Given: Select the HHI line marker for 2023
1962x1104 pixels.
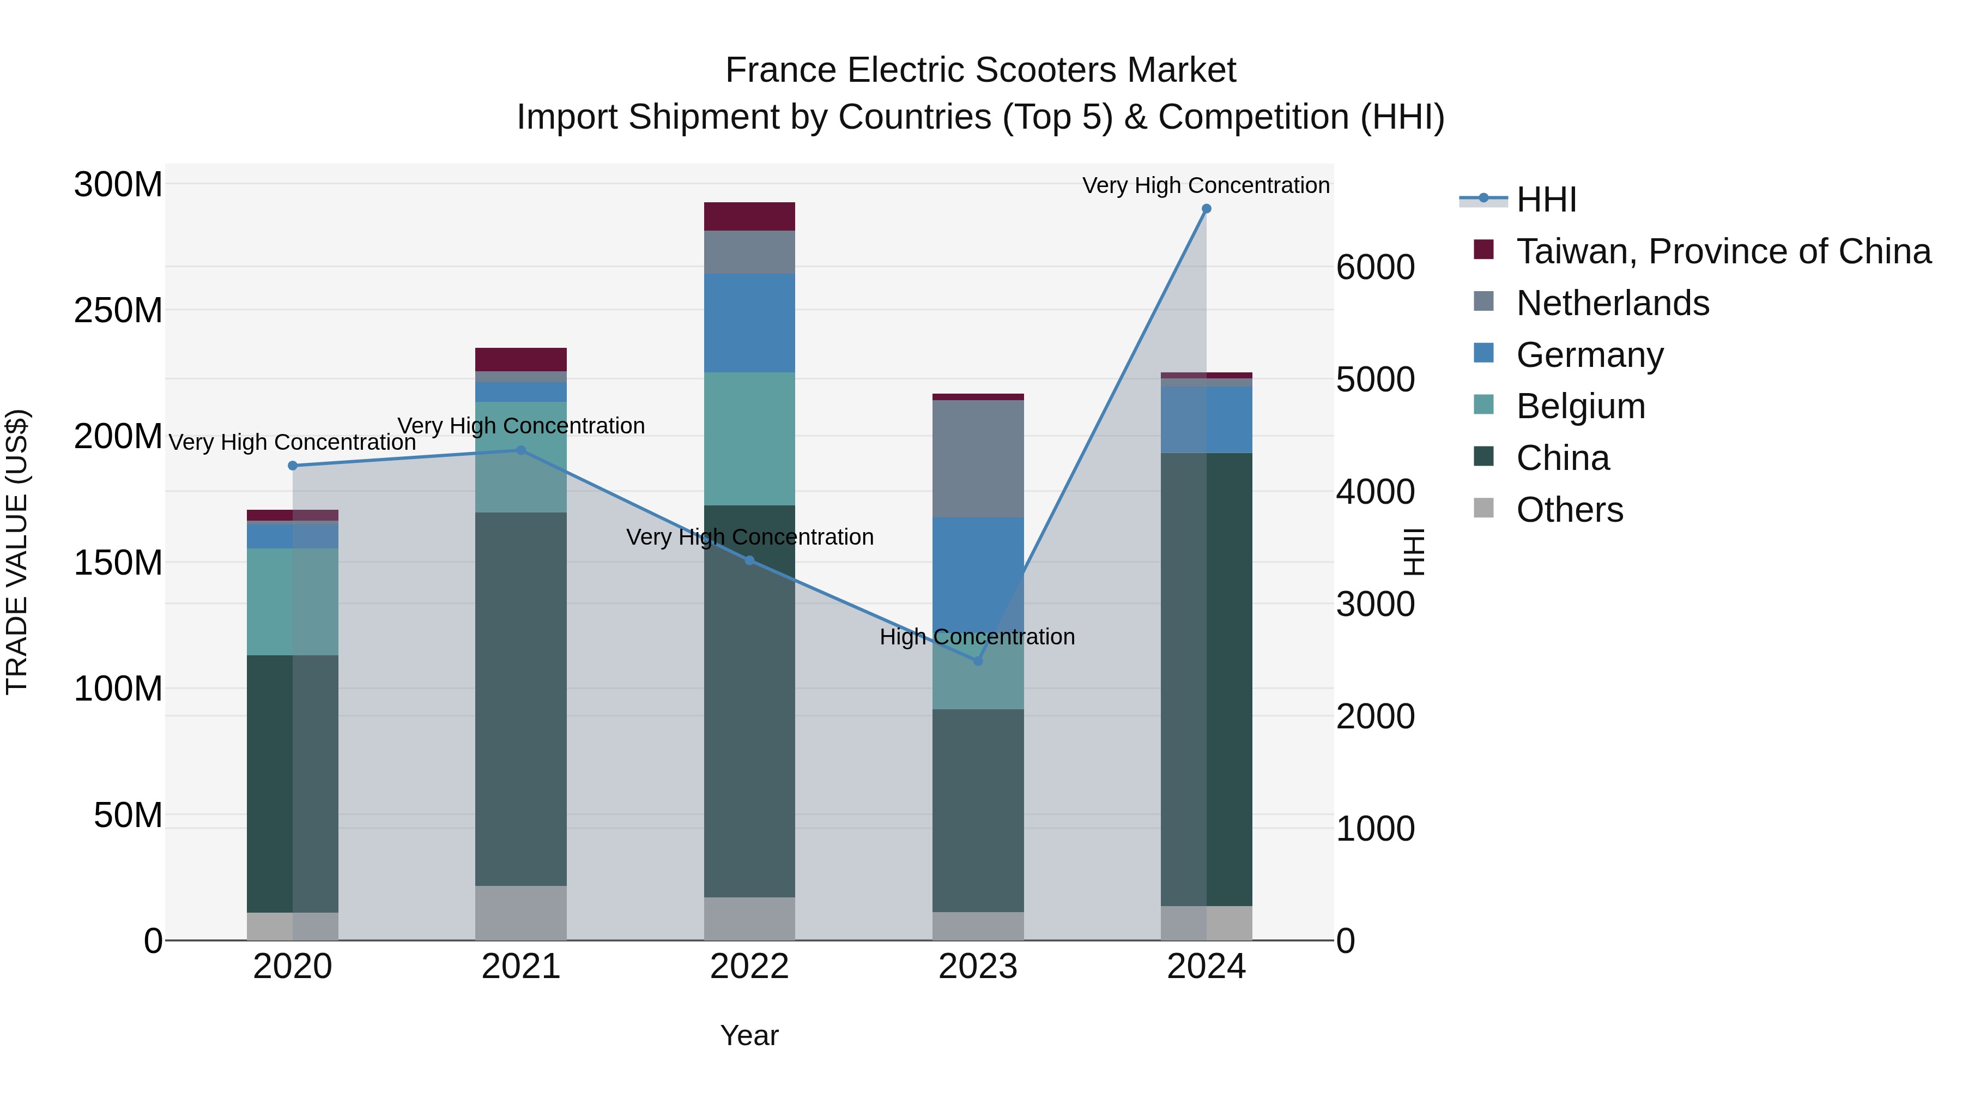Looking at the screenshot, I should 978,661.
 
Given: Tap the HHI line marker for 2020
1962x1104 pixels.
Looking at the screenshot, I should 293,466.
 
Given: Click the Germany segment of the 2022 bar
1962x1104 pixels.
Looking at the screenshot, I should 749,323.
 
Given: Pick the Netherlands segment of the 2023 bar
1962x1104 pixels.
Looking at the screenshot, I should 978,459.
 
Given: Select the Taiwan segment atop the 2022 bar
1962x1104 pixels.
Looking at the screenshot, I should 749,216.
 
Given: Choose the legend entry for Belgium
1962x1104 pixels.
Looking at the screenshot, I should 1581,406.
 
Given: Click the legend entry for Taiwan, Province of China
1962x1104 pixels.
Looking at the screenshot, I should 1723,251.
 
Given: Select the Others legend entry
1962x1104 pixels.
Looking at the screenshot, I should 1569,510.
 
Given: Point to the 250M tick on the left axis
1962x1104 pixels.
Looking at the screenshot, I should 118,310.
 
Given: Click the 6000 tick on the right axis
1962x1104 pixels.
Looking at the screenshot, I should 1375,268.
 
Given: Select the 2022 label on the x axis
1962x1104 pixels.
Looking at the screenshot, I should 749,967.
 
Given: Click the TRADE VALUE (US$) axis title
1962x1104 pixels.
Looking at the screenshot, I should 17,552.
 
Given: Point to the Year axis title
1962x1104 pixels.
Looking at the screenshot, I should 749,1035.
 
